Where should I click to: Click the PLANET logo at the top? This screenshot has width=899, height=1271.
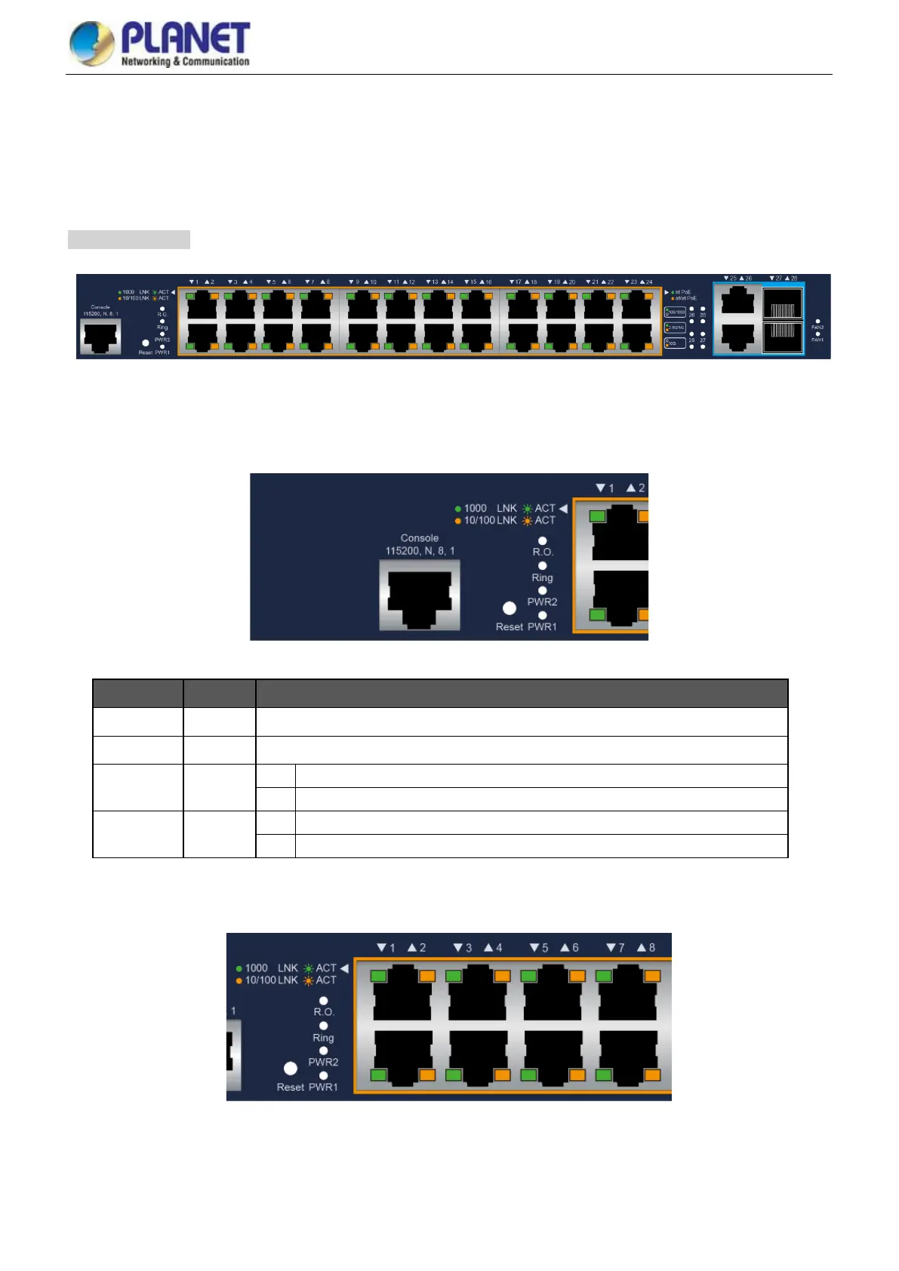(159, 43)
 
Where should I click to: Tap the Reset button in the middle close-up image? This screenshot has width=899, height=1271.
(510, 608)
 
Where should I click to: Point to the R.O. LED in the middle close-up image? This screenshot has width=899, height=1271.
(542, 541)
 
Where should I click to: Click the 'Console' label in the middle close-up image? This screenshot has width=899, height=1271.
(420, 538)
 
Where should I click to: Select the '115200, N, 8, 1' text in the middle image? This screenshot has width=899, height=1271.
(420, 551)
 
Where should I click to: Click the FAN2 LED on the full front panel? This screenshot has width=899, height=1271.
(817, 322)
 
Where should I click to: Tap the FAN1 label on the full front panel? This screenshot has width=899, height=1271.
(817, 340)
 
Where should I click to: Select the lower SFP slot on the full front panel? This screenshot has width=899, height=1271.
(783, 337)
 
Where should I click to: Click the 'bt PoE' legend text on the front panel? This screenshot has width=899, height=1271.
(683, 292)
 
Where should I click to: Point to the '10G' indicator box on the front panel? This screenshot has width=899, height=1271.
(675, 343)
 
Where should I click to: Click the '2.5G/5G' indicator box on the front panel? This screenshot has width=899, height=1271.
(675, 328)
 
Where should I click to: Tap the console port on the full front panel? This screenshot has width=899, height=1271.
(100, 336)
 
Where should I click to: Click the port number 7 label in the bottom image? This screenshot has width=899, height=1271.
(620, 948)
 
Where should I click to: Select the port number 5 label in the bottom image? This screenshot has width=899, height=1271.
(544, 948)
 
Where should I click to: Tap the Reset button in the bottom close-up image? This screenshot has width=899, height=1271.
(291, 1068)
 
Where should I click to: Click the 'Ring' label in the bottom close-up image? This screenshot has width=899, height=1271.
(323, 1038)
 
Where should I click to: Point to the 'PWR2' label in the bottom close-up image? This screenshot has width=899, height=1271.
(323, 1062)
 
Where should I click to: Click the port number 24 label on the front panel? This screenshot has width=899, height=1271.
(649, 282)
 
